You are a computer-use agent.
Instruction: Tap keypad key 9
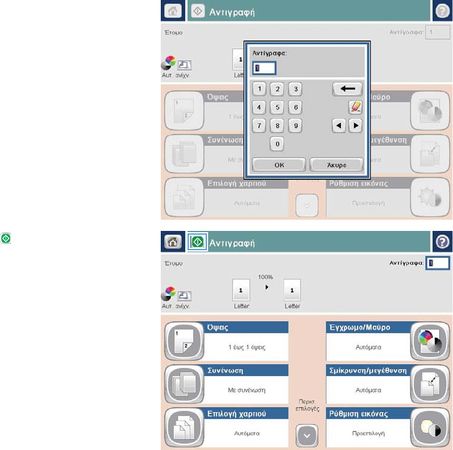tap(296, 126)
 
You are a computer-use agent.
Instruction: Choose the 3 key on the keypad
tap(296, 89)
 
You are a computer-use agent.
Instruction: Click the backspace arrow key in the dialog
tap(347, 89)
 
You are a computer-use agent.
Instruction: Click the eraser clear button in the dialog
tap(355, 107)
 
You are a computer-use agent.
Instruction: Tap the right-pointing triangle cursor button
tap(355, 126)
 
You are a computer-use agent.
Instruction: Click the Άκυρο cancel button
tap(336, 165)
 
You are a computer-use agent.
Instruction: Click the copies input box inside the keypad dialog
tap(264, 67)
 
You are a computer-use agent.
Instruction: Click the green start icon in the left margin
tap(6, 238)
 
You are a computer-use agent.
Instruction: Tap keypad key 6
tap(296, 107)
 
